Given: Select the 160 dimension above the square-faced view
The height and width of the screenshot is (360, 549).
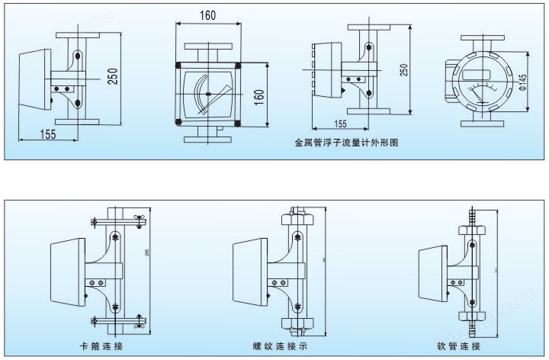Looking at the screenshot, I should [x=207, y=16].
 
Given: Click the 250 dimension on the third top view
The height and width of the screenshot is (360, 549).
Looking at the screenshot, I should [x=404, y=69].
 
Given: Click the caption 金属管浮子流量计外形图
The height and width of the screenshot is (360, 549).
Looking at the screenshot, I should [x=346, y=142].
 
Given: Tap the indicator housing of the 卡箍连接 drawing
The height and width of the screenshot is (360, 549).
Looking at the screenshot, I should [x=66, y=272].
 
